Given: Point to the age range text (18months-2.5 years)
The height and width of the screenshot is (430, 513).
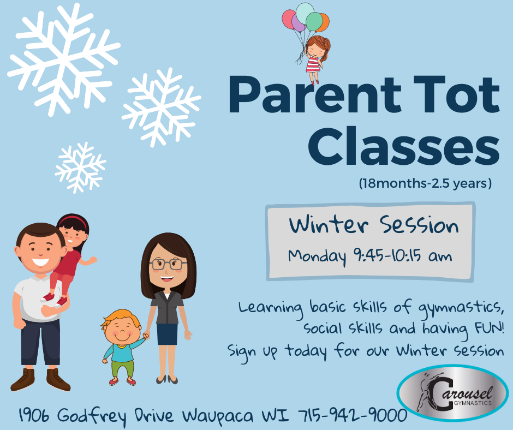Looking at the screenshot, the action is coord(425,183).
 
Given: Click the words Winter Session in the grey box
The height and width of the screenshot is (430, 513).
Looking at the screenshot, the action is coord(374,225).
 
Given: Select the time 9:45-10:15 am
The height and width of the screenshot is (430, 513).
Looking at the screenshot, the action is coord(403,255).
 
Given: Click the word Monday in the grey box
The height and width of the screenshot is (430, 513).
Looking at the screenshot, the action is coord(317,257).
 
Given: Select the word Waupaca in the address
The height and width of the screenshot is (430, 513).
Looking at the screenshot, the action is coord(218,416).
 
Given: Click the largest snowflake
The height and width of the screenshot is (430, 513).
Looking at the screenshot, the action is coord(64,59).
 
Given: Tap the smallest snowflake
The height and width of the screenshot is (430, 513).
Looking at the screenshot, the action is coord(80,168).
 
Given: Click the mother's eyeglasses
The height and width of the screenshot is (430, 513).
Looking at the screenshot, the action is coord(168,264).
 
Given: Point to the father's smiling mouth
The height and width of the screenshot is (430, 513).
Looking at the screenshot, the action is coord(40,262).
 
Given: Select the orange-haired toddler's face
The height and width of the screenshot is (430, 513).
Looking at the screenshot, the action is coord(121,330).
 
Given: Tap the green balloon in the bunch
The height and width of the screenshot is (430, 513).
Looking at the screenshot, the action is coord(314,22).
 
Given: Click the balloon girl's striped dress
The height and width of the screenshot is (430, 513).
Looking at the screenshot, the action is coord(313,65).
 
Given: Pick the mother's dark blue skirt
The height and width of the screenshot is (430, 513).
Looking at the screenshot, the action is coord(167,334).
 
